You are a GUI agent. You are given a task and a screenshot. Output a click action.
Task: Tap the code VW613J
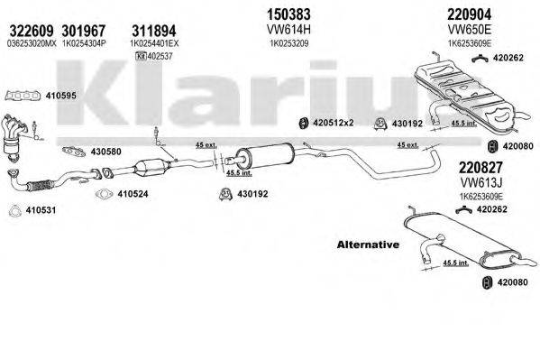pos(479,181)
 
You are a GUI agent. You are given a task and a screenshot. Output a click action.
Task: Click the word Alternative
pos(367,245)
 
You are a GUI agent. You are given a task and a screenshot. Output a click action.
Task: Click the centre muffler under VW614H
pos(261,155)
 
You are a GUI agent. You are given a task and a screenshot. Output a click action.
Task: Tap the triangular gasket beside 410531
pos(14,213)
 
